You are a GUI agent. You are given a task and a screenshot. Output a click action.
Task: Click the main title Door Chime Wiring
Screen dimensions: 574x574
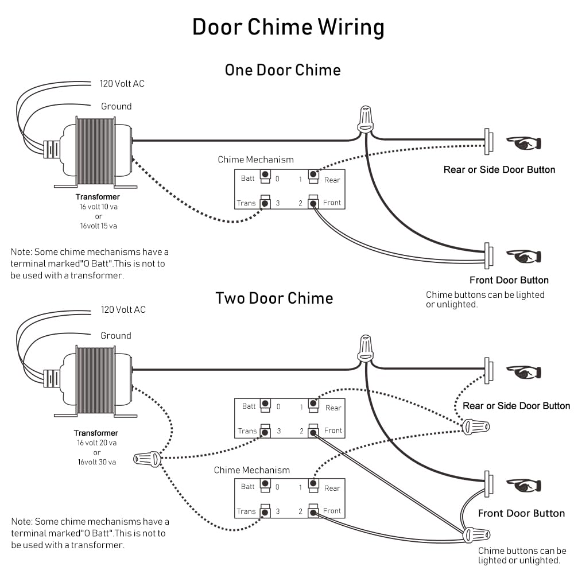288,28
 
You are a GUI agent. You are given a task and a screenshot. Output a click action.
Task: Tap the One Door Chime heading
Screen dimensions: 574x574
282,71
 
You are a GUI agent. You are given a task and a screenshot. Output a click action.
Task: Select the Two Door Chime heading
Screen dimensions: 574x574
274,298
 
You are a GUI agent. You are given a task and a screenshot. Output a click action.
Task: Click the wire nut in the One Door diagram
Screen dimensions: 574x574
365,119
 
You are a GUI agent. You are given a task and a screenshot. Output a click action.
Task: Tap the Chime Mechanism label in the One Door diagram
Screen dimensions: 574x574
255,160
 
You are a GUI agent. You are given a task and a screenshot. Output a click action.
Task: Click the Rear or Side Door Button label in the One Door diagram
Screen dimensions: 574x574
499,170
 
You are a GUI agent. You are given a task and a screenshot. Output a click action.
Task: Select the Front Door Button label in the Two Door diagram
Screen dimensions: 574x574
521,513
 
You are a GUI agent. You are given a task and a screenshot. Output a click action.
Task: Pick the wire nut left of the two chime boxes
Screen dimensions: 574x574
147,459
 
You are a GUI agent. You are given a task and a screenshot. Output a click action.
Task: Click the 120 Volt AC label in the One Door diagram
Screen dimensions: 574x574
122,84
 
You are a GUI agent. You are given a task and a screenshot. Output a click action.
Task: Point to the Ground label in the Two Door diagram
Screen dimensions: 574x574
116,336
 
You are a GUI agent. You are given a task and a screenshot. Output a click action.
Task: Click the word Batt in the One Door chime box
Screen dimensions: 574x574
248,179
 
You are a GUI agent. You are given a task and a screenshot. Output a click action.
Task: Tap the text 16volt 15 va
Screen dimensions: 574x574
99,226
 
